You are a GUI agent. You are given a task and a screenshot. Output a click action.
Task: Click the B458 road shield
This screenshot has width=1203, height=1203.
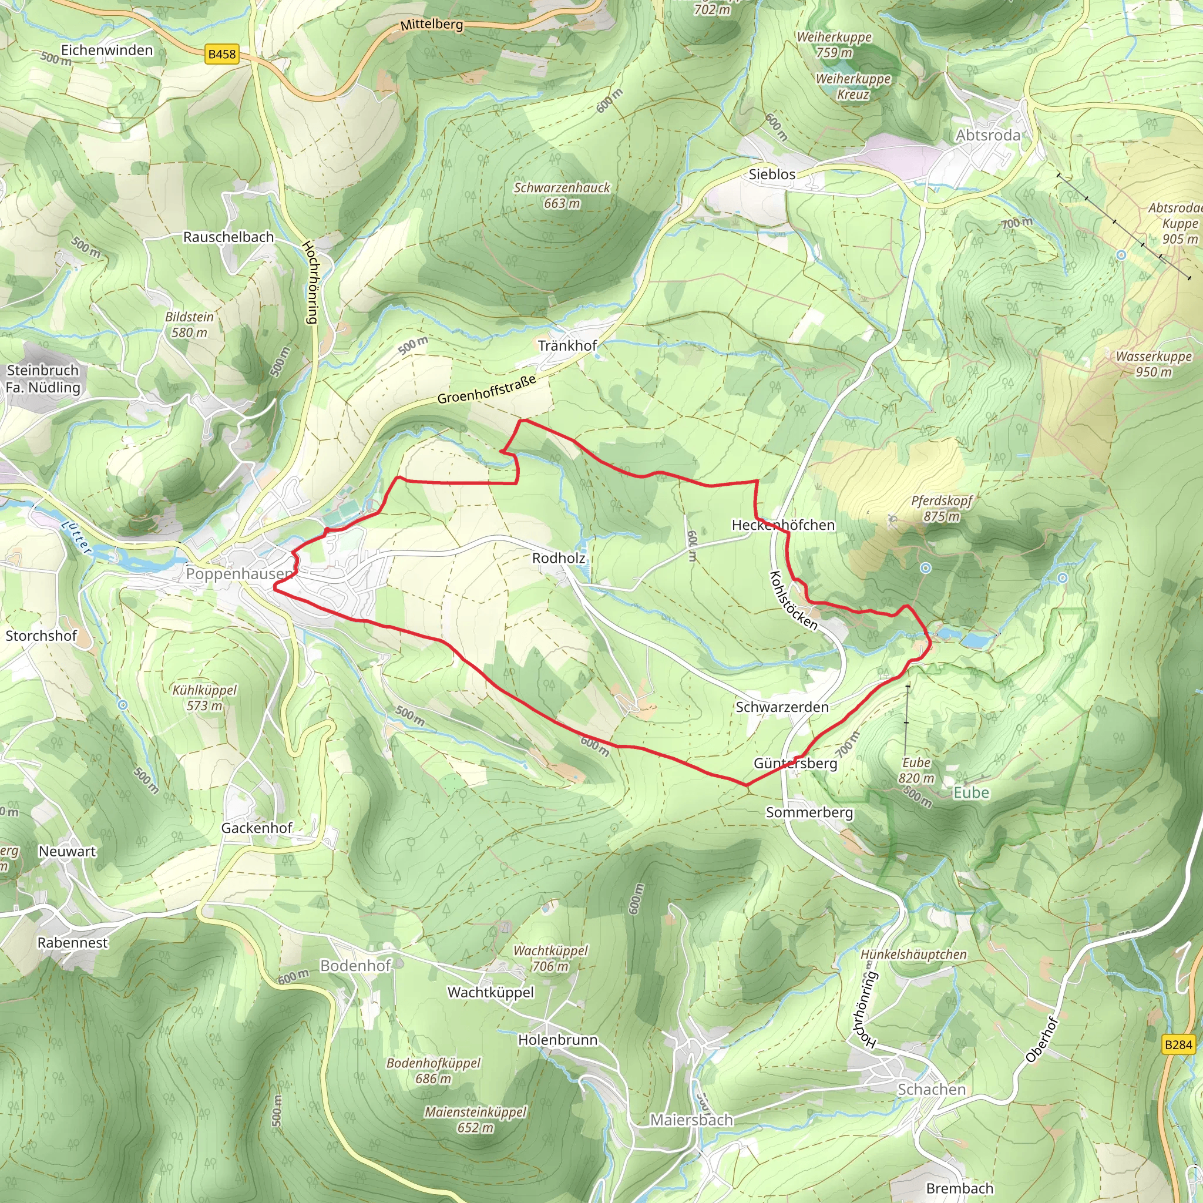coord(221,54)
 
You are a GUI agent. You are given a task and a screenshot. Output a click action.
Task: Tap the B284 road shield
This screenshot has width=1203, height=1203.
coord(1178,1044)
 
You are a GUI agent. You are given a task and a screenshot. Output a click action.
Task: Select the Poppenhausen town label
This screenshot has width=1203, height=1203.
coord(239,573)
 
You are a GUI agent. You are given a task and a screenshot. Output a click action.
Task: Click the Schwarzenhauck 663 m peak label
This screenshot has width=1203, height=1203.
coord(562,196)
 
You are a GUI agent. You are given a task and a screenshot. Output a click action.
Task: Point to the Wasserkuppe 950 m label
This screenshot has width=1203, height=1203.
coord(1153,364)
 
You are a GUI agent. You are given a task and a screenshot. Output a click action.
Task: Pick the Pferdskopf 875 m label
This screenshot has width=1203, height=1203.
coord(942,508)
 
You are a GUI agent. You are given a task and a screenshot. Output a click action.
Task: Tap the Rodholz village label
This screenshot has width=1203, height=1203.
coord(559,558)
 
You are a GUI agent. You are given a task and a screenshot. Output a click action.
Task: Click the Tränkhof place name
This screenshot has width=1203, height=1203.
coord(567,345)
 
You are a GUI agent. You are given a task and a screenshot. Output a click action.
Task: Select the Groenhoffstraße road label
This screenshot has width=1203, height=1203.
coord(486,390)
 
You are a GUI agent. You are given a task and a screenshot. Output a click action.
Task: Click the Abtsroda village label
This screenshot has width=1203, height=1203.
coord(988,135)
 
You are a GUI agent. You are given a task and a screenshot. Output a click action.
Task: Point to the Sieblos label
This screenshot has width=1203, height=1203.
coord(772,174)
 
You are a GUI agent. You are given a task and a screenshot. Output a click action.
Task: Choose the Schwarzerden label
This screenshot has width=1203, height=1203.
coord(782,707)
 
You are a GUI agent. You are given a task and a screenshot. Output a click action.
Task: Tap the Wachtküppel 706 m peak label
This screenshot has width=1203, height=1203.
coord(550,958)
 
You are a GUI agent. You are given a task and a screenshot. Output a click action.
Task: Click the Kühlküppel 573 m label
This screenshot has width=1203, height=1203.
coord(204,697)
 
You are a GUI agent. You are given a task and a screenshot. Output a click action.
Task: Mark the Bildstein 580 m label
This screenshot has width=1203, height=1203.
coord(189,324)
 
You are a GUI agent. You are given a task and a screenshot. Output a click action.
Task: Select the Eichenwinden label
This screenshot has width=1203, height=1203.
coord(106,51)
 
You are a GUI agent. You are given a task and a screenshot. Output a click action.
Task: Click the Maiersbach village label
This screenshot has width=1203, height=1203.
coord(691,1120)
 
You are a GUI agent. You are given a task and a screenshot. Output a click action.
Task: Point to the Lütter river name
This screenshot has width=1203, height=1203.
coord(77,536)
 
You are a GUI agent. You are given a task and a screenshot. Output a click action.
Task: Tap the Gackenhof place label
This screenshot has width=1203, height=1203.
coord(257,828)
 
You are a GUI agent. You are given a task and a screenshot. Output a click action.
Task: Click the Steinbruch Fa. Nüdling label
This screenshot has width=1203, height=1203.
coord(43,379)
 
